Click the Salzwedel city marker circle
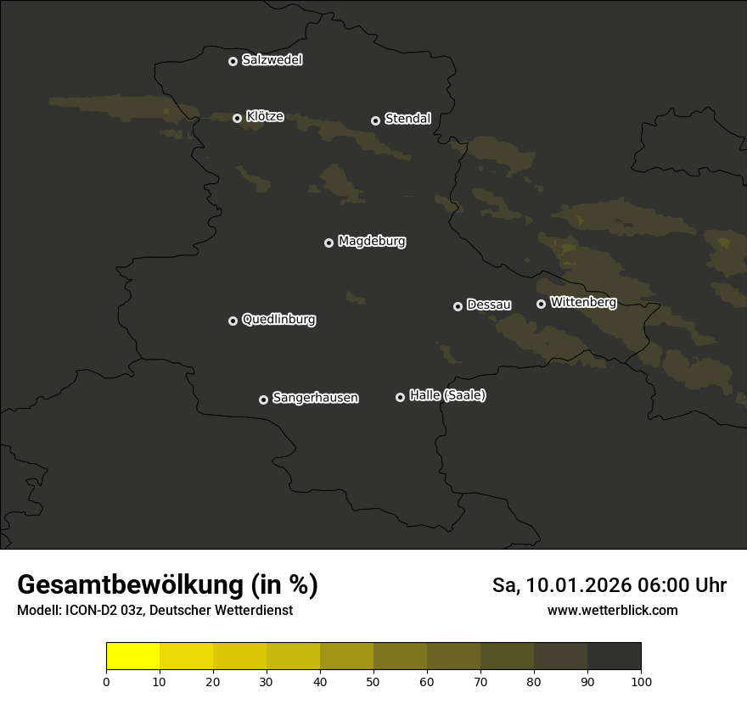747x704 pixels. pos(233,61)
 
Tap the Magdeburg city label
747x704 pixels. pos(372,242)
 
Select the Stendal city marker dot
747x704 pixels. pos(375,120)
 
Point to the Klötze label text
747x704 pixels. pos(265,117)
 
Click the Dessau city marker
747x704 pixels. pos(458,306)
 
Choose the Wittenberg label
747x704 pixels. pos(583,302)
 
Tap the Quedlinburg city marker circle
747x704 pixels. pos(233,321)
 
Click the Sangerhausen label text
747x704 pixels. pos(315,398)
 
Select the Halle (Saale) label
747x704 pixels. pos(447,395)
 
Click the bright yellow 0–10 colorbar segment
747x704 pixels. pos(133,657)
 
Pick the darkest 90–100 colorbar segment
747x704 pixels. pos(615,657)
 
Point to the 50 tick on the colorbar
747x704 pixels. pos(373,680)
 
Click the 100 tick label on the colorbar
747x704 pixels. pos(641,680)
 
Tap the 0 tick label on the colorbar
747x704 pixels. pos(106,680)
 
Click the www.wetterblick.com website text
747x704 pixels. pos(612,611)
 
